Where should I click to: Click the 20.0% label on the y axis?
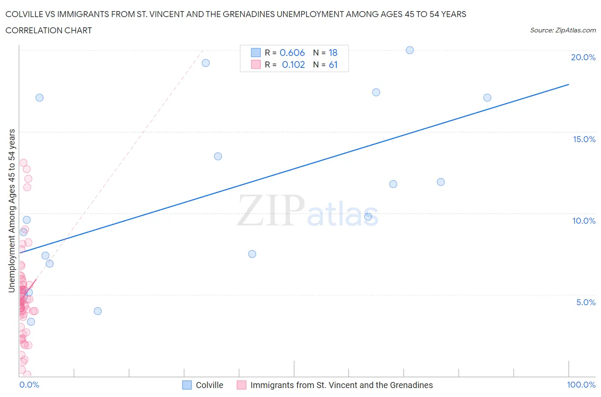[x=583, y=58]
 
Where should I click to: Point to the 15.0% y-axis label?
[x=584, y=139]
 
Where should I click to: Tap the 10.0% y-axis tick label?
[x=584, y=221]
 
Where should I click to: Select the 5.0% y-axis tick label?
[x=586, y=302]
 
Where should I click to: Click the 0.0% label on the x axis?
[x=29, y=385]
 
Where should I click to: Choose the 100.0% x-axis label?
[x=581, y=385]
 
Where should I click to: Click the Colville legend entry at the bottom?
[x=209, y=385]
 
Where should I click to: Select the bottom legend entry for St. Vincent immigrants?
[x=341, y=385]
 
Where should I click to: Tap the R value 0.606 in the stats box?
[x=292, y=53]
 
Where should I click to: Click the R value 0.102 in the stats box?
[x=293, y=64]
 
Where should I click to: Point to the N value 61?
[x=333, y=64]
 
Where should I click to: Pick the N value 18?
[x=333, y=53]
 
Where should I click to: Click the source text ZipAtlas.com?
[x=563, y=30]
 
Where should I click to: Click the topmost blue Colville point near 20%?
[x=410, y=50]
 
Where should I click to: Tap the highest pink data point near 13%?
[x=24, y=163]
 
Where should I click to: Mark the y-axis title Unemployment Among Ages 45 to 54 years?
[x=12, y=210]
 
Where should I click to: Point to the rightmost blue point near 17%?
[x=487, y=98]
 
